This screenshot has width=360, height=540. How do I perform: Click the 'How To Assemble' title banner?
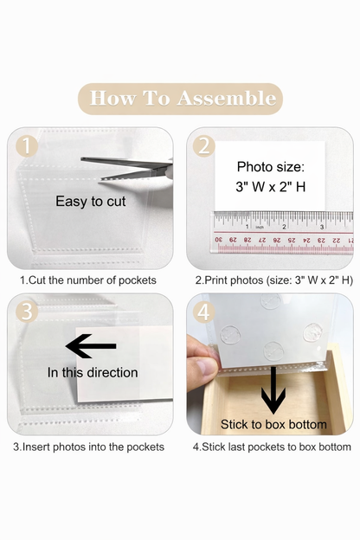(180, 99)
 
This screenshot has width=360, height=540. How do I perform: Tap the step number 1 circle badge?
(27, 146)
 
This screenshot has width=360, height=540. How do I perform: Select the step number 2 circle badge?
(204, 146)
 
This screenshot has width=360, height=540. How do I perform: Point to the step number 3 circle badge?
(27, 312)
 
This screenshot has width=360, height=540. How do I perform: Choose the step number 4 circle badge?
(204, 312)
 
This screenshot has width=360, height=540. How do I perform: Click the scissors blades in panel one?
(126, 168)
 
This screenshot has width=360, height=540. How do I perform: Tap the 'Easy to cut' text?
(91, 202)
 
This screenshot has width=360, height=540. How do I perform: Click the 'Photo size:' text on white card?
(271, 167)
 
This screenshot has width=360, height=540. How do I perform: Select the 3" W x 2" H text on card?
(271, 187)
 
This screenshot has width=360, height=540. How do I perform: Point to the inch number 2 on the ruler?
(284, 227)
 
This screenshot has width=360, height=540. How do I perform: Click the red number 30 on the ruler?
(218, 240)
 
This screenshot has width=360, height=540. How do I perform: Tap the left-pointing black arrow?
(91, 346)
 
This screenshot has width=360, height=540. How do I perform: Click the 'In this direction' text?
(93, 373)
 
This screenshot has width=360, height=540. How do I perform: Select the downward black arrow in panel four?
(273, 390)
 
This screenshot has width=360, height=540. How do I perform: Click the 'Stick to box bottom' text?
(273, 424)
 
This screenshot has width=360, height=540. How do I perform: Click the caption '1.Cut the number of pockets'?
(88, 280)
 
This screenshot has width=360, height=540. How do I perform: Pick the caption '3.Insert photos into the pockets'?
(89, 447)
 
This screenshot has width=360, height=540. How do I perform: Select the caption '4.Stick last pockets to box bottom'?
(272, 447)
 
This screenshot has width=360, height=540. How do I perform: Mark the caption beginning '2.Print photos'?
(274, 280)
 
